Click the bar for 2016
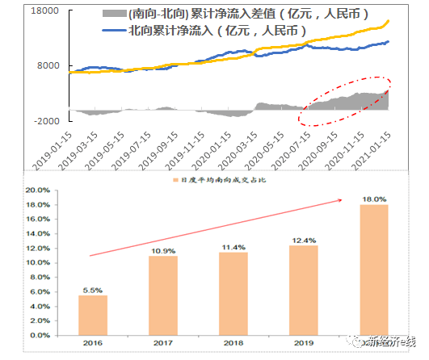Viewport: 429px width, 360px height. point(92,314)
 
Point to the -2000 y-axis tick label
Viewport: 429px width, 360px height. point(44,120)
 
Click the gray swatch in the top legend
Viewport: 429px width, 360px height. point(113,15)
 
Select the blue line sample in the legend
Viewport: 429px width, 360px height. point(113,31)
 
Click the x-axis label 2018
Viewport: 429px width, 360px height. point(232,342)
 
